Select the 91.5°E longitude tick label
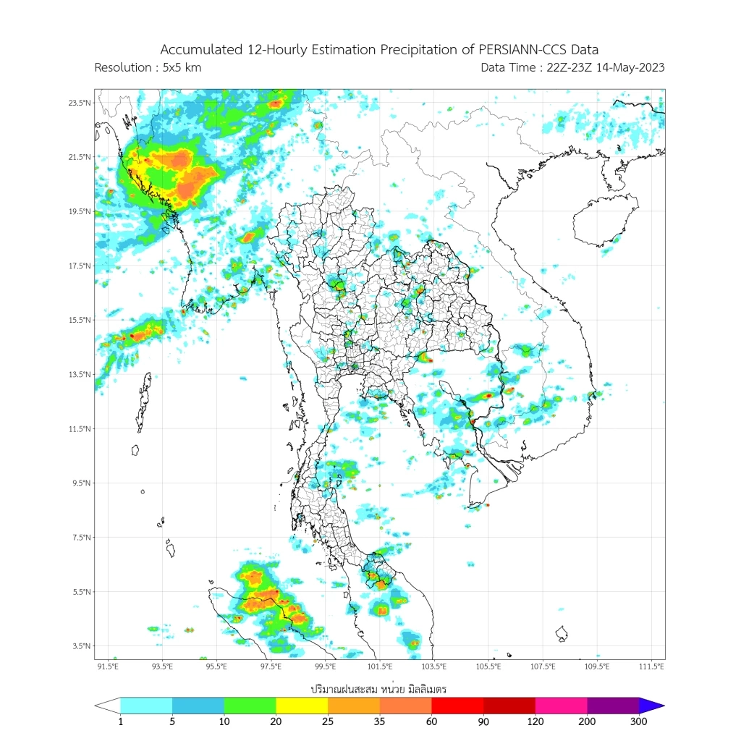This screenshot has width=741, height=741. click(108, 666)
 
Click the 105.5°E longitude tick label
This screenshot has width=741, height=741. click(488, 666)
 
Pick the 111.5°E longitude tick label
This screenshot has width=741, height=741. click(651, 666)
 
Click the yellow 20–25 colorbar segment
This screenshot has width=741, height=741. click(302, 706)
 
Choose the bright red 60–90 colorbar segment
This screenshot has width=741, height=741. click(457, 706)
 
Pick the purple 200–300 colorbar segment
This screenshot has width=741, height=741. click(613, 706)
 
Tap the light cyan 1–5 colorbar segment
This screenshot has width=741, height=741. click(146, 706)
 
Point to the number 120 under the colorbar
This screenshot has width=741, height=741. click(535, 721)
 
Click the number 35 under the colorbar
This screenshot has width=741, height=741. click(380, 721)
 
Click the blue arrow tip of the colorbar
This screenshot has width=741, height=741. click(653, 706)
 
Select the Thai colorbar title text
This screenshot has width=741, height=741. click(378, 688)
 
